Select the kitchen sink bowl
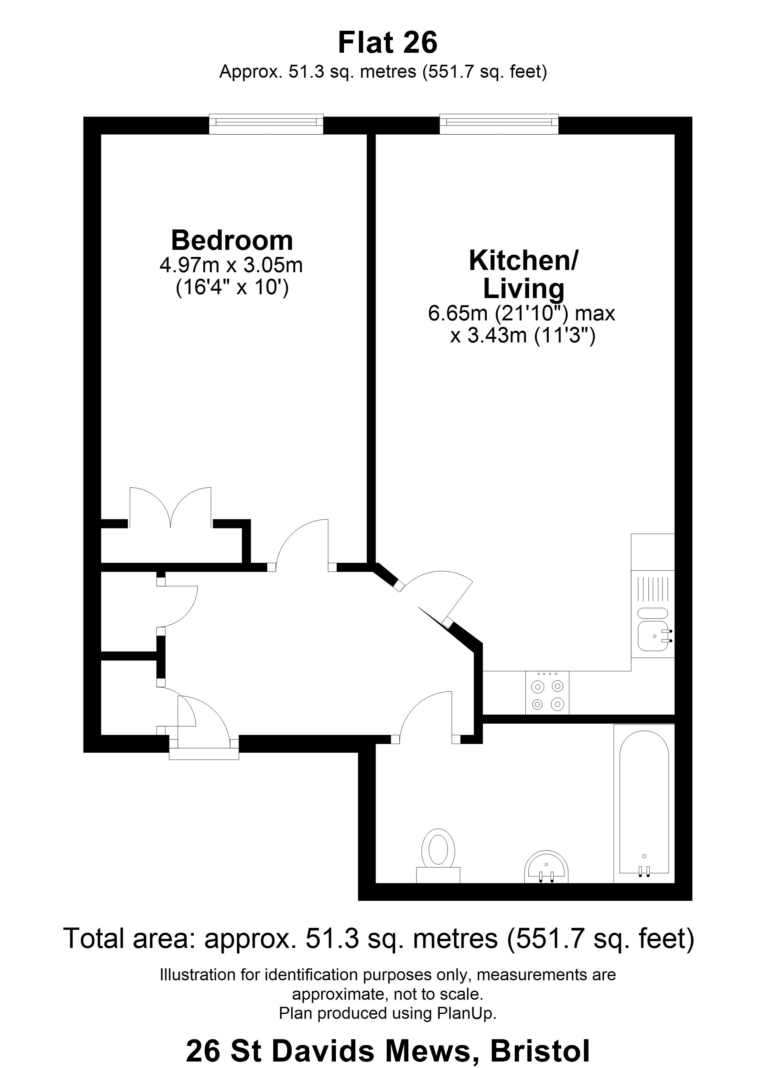(x=653, y=636)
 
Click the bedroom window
(x=266, y=123)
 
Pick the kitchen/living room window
(x=499, y=123)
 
